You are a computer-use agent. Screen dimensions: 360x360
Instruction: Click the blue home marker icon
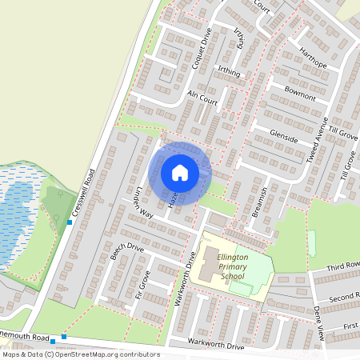coord(180,172)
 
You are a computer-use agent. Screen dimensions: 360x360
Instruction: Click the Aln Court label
coord(202,98)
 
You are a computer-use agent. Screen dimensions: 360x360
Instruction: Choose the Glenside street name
coord(283,135)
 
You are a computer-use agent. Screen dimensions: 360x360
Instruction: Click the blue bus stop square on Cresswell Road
coord(70,222)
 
